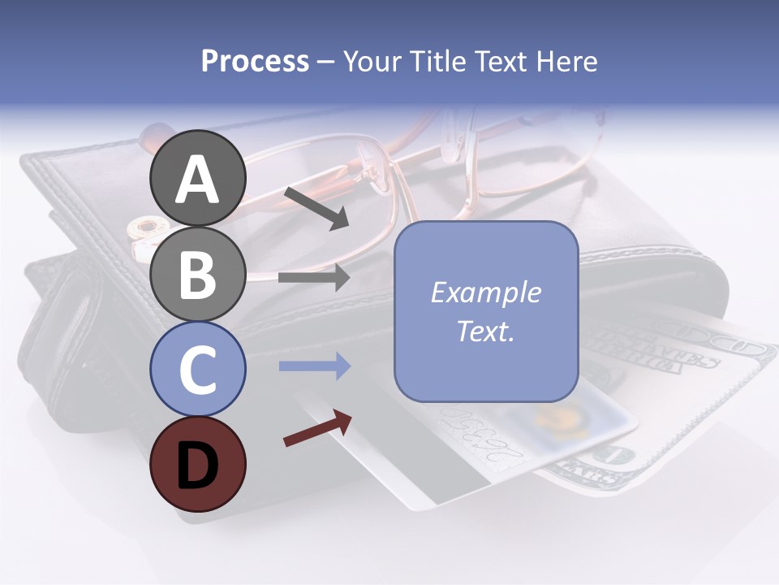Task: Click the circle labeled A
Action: [197, 178]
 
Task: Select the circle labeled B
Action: [197, 273]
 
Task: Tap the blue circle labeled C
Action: [197, 368]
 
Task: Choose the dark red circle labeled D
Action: [197, 464]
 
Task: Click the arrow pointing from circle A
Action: [316, 207]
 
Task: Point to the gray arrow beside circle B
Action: [314, 278]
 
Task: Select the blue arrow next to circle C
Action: [314, 366]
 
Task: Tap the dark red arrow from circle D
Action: [317, 428]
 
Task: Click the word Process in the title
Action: [255, 61]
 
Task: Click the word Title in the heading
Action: [434, 61]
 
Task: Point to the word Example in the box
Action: [485, 292]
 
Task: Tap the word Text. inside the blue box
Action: [485, 331]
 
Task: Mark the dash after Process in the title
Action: [326, 62]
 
